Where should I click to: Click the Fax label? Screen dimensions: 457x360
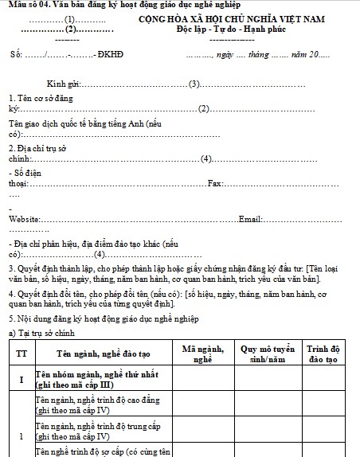pyautogui.click(x=213, y=184)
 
